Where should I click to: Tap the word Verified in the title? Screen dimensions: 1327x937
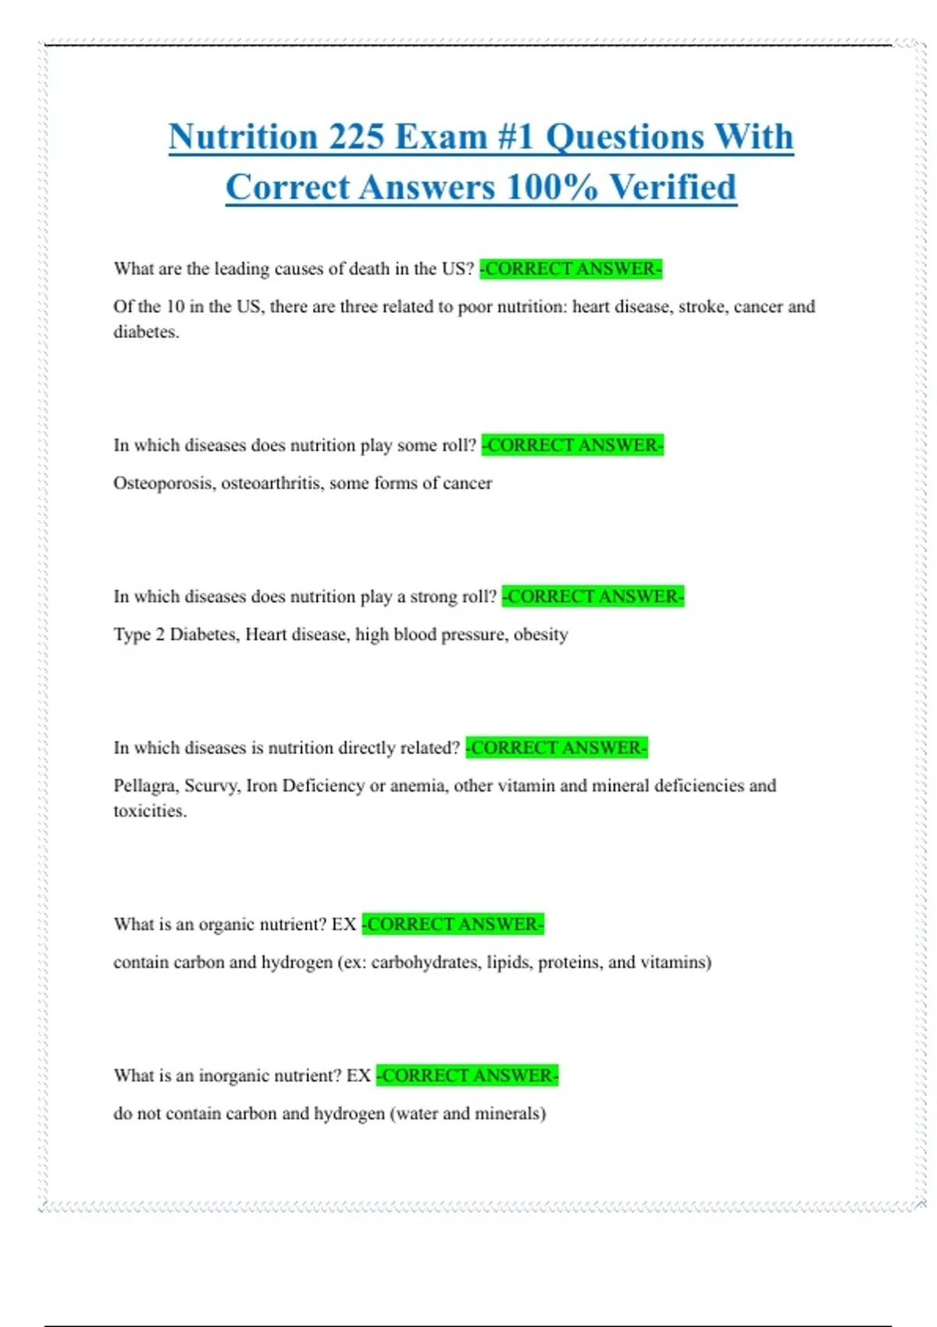pyautogui.click(x=672, y=188)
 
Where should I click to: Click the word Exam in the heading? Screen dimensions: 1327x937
pyautogui.click(x=441, y=137)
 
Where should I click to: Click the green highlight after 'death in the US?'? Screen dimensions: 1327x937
pyautogui.click(x=571, y=269)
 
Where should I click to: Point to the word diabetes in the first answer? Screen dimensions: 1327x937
pyautogui.click(x=145, y=333)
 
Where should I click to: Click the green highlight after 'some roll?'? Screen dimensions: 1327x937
pyautogui.click(x=572, y=446)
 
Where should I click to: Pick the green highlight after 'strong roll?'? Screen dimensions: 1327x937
pyautogui.click(x=593, y=597)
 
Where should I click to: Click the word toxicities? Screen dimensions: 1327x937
pyautogui.click(x=149, y=812)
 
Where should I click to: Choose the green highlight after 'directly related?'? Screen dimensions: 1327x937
pyautogui.click(x=557, y=749)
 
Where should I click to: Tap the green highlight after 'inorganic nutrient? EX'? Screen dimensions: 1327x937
pyautogui.click(x=467, y=1076)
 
